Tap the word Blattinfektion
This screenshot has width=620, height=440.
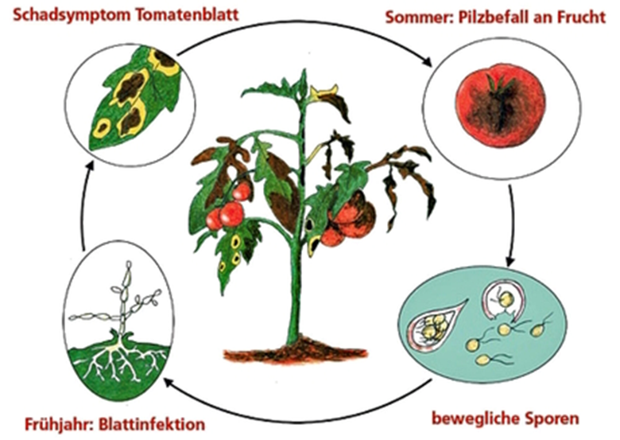152,424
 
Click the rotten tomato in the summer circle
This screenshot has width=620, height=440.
500,105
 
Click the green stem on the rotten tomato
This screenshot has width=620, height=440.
499,84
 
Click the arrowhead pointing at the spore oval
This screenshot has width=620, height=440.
510,260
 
